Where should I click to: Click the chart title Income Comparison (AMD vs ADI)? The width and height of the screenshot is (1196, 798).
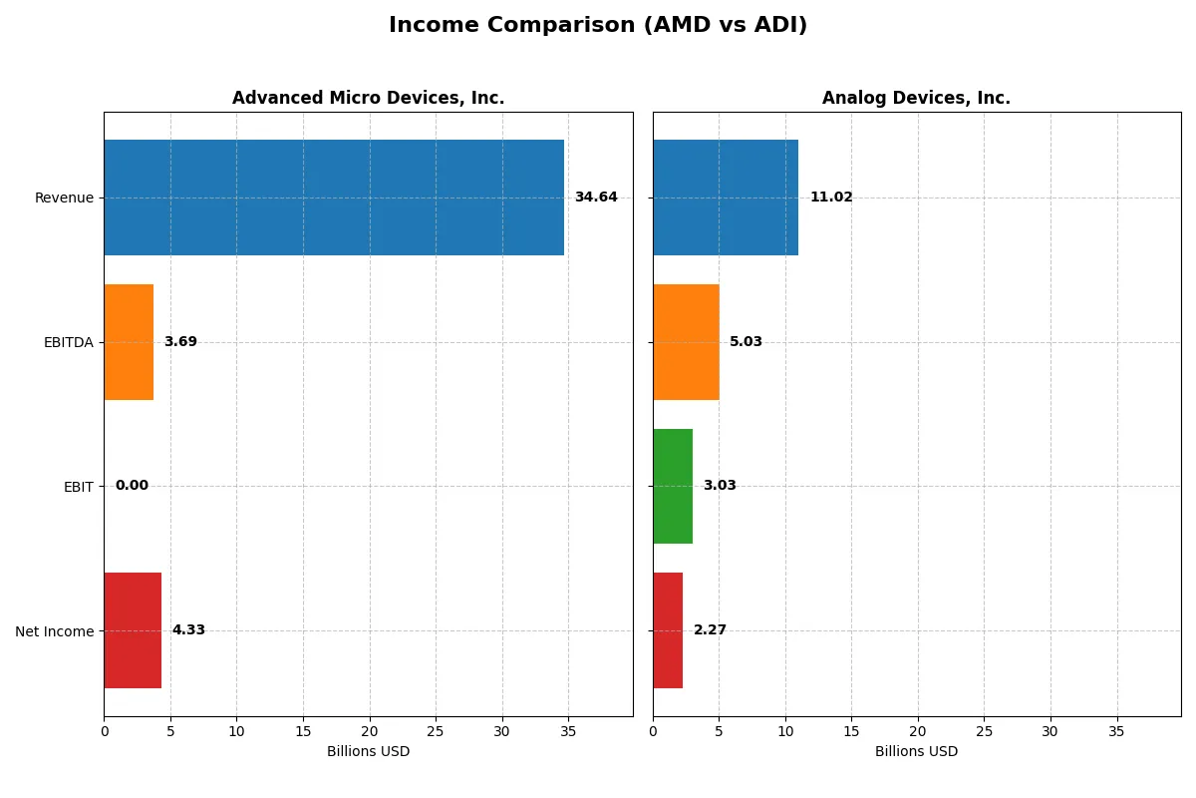pos(598,26)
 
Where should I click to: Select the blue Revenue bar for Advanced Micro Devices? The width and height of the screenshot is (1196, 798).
pos(334,198)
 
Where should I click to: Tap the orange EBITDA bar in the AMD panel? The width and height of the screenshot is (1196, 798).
pos(129,342)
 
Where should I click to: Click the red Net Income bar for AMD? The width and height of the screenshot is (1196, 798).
pos(133,630)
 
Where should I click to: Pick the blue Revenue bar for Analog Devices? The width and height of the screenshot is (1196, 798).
pos(726,198)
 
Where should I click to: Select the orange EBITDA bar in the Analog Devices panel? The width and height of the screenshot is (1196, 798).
pos(686,342)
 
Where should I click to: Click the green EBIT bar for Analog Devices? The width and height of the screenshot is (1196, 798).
pos(673,486)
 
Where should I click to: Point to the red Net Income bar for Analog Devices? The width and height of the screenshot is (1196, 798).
pos(668,630)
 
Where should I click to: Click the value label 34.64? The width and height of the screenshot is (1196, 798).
pos(596,198)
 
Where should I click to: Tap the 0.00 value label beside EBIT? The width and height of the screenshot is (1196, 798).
pos(132,486)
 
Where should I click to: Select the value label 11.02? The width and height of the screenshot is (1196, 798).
pos(831,198)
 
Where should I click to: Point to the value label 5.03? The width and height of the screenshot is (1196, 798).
pos(746,342)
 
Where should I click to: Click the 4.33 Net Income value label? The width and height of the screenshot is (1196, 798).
pos(188,630)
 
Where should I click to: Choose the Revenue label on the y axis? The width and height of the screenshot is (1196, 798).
pos(64,198)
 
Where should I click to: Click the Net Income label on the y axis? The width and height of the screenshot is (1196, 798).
pos(54,631)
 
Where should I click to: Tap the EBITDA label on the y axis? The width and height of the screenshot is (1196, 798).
pos(68,342)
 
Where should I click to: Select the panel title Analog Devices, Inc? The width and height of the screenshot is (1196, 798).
pos(916,98)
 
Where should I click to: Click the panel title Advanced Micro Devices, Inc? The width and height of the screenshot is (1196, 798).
pos(368,98)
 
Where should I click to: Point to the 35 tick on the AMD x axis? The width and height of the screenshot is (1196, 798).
pos(568,731)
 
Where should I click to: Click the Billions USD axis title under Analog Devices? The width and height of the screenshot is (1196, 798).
pos(916,752)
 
